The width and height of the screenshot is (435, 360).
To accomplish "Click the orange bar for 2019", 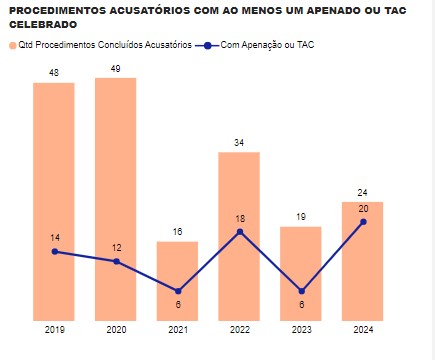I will pyautogui.click(x=54, y=200).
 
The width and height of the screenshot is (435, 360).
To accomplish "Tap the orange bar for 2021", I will pyautogui.click(x=177, y=280).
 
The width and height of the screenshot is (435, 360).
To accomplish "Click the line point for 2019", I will pyautogui.click(x=54, y=251).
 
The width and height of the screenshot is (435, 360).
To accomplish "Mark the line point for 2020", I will pyautogui.click(x=116, y=261).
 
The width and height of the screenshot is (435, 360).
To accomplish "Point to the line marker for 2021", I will pyautogui.click(x=178, y=291).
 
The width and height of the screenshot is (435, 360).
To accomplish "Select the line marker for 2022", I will pyautogui.click(x=240, y=232).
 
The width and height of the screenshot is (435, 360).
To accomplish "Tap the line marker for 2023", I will pyautogui.click(x=301, y=291).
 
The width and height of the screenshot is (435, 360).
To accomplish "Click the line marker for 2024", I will pyautogui.click(x=363, y=222).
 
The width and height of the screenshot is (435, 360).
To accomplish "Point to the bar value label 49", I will pyautogui.click(x=116, y=69).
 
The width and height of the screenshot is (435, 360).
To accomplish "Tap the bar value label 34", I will pyautogui.click(x=239, y=143).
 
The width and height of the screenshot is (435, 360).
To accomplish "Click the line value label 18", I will pyautogui.click(x=240, y=217).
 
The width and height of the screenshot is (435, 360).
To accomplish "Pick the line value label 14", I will pyautogui.click(x=54, y=237).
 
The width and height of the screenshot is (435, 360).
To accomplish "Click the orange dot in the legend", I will pyautogui.click(x=13, y=46).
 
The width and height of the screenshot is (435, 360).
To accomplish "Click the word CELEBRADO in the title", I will pyautogui.click(x=42, y=23).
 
